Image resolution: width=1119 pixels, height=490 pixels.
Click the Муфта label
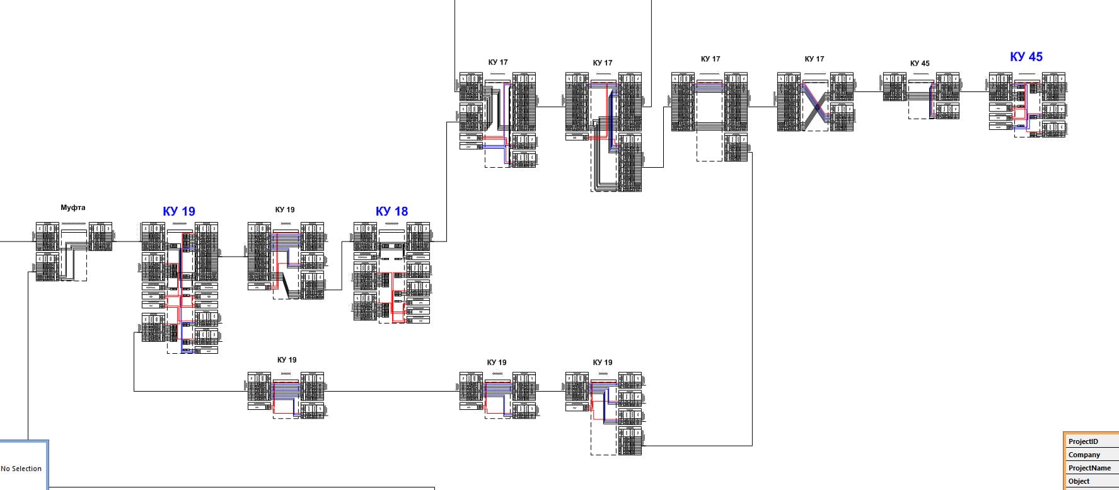(x=72, y=207)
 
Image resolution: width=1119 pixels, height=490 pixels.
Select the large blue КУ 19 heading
(x=179, y=211)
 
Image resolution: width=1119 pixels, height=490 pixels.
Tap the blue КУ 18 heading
(x=391, y=211)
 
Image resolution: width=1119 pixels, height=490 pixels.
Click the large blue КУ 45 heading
(x=1026, y=57)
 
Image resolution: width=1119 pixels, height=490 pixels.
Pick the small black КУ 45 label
(x=919, y=63)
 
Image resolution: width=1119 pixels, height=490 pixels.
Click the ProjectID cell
(x=1083, y=441)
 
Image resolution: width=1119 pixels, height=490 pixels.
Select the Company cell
(x=1084, y=455)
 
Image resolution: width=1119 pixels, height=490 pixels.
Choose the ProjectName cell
(x=1089, y=468)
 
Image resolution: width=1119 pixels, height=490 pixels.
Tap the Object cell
(x=1079, y=481)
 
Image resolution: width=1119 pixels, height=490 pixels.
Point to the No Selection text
(x=21, y=469)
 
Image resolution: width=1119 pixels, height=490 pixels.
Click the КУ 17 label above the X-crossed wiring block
(x=814, y=59)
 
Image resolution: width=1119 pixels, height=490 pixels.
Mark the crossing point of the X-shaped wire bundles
(x=817, y=107)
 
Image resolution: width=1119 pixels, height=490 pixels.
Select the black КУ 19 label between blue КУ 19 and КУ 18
(x=284, y=209)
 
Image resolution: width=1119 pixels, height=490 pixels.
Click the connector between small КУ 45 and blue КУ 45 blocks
(x=973, y=92)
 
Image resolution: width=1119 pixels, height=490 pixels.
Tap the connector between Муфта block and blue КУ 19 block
(x=126, y=241)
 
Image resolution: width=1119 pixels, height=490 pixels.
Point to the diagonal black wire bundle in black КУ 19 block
(x=287, y=285)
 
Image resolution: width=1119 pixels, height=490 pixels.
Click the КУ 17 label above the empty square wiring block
(x=710, y=59)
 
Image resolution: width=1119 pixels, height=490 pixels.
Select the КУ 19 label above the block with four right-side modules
(x=602, y=362)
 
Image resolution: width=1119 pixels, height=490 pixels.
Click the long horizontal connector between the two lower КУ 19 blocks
(x=391, y=392)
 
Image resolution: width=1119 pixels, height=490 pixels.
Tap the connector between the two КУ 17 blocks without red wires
(x=762, y=107)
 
